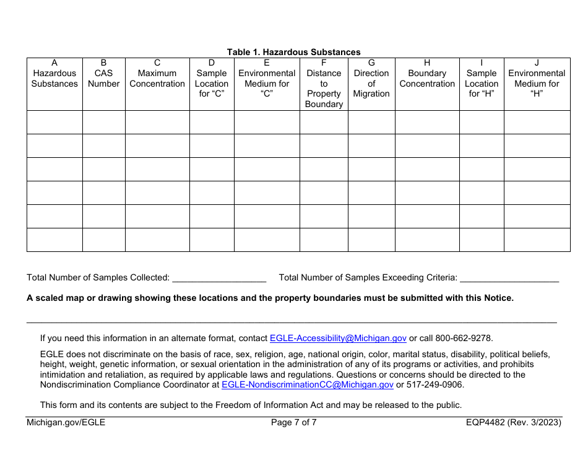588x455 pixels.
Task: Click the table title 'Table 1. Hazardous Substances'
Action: point(293,52)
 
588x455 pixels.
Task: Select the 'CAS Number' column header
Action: point(103,78)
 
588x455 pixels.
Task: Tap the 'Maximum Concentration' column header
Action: point(157,78)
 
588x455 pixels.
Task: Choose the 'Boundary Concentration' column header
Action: point(427,78)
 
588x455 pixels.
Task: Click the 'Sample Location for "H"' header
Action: point(482,84)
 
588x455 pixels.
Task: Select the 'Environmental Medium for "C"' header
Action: point(267,84)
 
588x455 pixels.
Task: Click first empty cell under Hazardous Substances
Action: point(54,123)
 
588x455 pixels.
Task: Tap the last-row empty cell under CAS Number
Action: point(103,240)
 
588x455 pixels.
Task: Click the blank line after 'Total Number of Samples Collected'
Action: point(219,278)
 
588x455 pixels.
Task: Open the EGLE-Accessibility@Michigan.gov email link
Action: point(338,338)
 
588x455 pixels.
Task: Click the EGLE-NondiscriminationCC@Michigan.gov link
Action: point(308,384)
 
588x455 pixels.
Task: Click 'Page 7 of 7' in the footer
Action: point(294,423)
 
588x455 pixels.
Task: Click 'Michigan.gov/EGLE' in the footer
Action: point(66,423)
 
